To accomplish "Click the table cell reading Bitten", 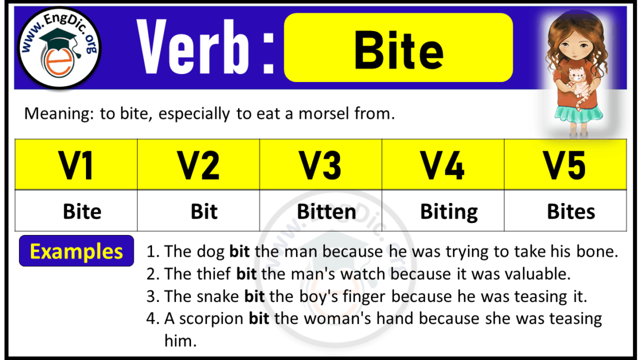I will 326,212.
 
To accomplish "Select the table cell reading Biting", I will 449,212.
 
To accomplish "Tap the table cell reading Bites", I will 571,212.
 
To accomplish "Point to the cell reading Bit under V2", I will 204,212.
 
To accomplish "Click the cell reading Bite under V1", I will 82,212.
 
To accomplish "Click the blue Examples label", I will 76,251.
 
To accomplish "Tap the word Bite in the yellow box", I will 399,50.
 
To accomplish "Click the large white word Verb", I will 195,48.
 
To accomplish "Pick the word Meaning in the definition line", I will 56,114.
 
